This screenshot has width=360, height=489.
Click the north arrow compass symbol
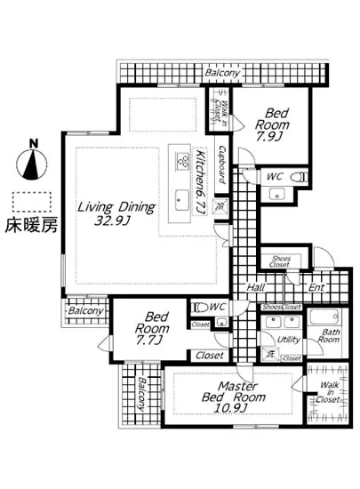pos(32,163)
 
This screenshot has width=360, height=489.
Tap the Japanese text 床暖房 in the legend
pos(33,224)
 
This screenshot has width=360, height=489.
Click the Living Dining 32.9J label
pos(116,213)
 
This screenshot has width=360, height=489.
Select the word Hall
pos(256,287)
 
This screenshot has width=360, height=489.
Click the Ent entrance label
pos(316,287)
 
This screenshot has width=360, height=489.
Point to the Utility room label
pos(287,340)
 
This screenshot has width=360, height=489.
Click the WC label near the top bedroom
pos(275,177)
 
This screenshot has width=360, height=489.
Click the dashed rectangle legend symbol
pos(32,200)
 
